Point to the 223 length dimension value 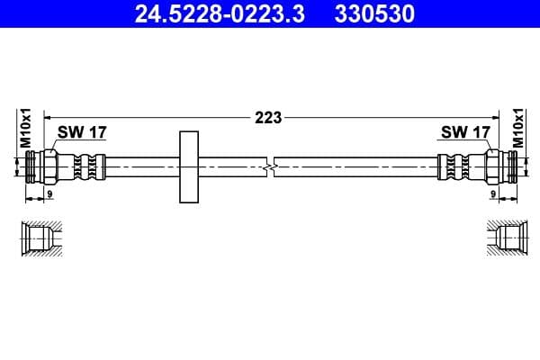tap(269, 117)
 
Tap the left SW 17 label tap(82, 132)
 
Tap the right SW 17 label tap(465, 132)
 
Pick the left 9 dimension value tap(49, 193)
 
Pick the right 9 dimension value tap(492, 193)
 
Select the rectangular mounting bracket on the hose tap(189, 166)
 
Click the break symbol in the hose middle tap(270, 166)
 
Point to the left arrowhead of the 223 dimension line tap(48, 116)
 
